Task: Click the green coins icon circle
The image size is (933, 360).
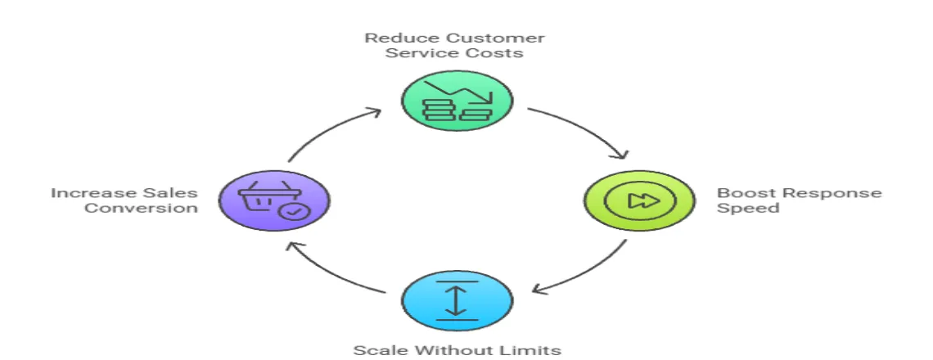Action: tap(457, 101)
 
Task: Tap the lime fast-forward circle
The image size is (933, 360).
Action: tap(638, 200)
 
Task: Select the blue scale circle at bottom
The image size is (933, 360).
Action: tap(457, 299)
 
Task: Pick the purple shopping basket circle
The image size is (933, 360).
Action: tap(274, 200)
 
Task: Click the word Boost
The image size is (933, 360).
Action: tap(741, 193)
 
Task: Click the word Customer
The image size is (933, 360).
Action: tap(507, 38)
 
